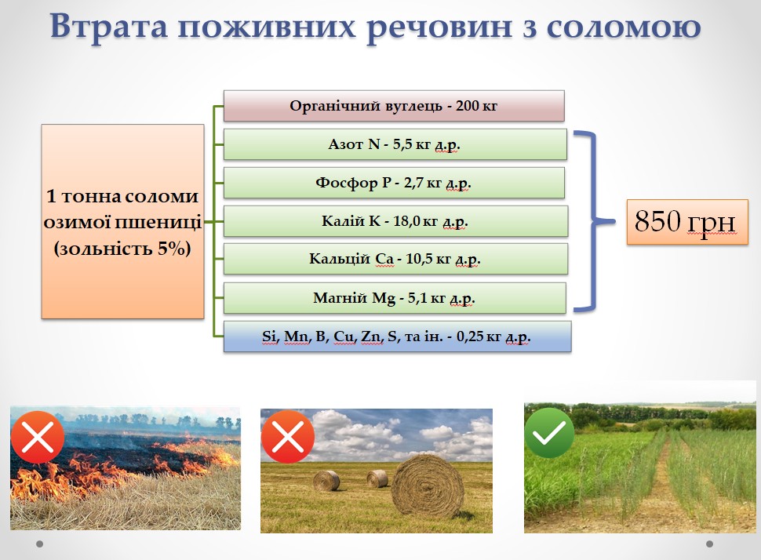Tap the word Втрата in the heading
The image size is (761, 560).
[x=109, y=26]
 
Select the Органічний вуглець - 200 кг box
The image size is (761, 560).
[x=394, y=106]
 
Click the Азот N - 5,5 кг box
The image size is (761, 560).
[x=395, y=144]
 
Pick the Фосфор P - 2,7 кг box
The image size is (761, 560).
[x=394, y=183]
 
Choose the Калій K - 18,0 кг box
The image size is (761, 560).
[x=395, y=221]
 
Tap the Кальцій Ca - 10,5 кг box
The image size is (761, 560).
[x=395, y=259]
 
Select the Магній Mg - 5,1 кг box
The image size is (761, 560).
[x=395, y=297]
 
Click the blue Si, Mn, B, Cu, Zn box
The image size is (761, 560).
[x=397, y=336]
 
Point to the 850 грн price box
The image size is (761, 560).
[x=687, y=222]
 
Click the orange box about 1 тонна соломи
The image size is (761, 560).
[x=122, y=221]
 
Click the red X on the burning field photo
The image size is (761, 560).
[x=38, y=437]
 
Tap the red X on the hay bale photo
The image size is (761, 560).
[x=288, y=436]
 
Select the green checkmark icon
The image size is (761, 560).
[x=549, y=433]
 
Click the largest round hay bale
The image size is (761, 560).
[x=427, y=486]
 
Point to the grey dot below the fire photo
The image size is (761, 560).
[x=40, y=544]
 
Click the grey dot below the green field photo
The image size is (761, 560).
[x=709, y=544]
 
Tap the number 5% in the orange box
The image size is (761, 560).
[x=173, y=249]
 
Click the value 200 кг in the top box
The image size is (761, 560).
[x=476, y=106]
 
